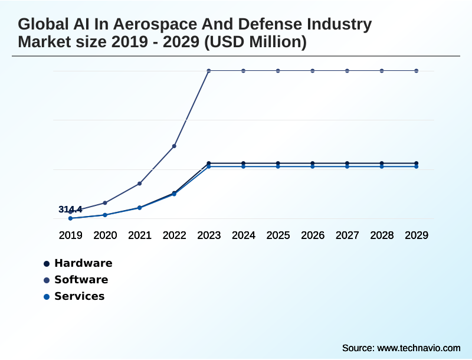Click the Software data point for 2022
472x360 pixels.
click(x=174, y=146)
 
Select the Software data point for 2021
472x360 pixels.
click(x=140, y=184)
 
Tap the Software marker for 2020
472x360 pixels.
click(x=105, y=203)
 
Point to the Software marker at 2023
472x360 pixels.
click(x=209, y=71)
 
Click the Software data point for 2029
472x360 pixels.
click(x=417, y=71)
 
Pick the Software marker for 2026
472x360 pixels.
click(x=313, y=71)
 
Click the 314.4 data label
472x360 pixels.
click(x=70, y=210)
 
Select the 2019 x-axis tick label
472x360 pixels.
click(x=70, y=235)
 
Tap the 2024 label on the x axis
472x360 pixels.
click(x=243, y=235)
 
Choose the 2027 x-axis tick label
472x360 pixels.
click(x=347, y=235)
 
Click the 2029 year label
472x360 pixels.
click(x=417, y=235)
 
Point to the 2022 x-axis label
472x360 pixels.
click(x=174, y=235)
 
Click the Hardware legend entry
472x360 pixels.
click(x=83, y=263)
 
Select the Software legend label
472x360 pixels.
click(x=81, y=280)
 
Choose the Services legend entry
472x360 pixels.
click(x=79, y=296)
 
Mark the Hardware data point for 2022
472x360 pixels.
click(x=174, y=193)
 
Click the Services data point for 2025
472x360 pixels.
click(x=278, y=166)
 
